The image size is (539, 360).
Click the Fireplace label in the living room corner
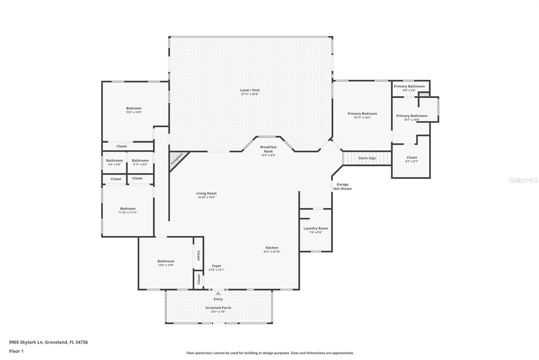click(177, 159)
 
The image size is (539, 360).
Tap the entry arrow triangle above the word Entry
click(218, 293)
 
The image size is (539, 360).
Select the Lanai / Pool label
click(250, 90)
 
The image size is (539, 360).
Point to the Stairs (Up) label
click(367, 158)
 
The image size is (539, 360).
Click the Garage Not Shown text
click(342, 186)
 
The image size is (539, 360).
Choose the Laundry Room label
click(315, 228)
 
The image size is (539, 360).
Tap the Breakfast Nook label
click(268, 149)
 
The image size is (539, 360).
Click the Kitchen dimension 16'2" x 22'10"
click(272, 252)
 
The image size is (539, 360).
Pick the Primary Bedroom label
click(362, 114)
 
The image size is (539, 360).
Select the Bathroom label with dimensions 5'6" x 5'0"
click(115, 160)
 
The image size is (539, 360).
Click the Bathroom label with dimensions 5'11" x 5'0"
click(140, 160)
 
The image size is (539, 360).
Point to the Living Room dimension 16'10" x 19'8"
click(207, 197)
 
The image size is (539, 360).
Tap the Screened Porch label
click(218, 308)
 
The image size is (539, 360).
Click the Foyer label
click(217, 266)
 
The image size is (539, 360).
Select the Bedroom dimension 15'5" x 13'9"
click(134, 112)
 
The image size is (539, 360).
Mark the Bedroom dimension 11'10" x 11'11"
click(128, 212)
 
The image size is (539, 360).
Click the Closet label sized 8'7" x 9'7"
click(412, 157)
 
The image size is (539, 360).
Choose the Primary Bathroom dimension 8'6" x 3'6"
click(409, 90)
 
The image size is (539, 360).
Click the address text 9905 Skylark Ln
click(26, 342)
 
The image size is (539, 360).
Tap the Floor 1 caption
click(17, 351)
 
